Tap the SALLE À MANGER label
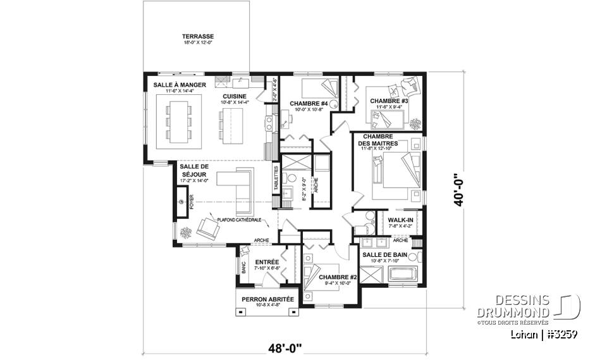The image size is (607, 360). tap(178, 85)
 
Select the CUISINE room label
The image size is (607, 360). tap(235, 96)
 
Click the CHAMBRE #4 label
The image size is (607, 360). tap(308, 103)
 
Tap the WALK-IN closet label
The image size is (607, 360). tap(401, 219)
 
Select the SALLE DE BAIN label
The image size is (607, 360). tap(384, 254)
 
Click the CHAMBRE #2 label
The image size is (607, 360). tap(338, 277)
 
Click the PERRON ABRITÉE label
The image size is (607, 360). tap(267, 299)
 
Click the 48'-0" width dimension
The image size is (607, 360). tap(285, 347)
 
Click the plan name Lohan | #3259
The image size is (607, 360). tap(543, 333)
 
